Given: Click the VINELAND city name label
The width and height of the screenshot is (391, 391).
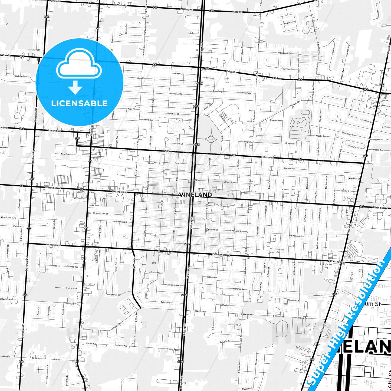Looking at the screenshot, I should (195, 195).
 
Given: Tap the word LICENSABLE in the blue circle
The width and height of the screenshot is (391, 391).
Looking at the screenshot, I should (79, 103).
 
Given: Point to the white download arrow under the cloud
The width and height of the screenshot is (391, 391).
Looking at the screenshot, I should (75, 87).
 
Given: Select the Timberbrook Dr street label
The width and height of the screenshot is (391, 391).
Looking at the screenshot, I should (284, 53).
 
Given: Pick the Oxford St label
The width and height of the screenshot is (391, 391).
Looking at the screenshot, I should (178, 94).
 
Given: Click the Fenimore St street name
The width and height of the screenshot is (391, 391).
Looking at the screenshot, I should (173, 114).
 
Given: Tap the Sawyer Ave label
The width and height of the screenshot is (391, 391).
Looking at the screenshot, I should (289, 168).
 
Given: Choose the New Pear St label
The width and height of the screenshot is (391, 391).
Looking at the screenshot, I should (354, 178).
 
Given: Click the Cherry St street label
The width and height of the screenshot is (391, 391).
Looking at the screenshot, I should (275, 252).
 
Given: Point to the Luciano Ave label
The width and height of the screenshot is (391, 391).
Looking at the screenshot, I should (173, 285).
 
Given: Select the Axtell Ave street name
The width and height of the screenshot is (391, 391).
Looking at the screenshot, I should (165, 302).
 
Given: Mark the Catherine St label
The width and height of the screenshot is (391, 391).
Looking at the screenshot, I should (225, 305).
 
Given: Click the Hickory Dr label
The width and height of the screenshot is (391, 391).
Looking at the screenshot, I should (71, 288).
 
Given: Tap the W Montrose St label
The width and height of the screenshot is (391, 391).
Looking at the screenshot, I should (100, 213).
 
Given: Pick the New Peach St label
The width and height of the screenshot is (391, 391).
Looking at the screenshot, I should (67, 154).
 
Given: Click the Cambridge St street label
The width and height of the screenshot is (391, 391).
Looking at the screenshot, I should (249, 142).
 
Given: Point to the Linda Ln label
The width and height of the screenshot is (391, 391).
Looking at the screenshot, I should (316, 295).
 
